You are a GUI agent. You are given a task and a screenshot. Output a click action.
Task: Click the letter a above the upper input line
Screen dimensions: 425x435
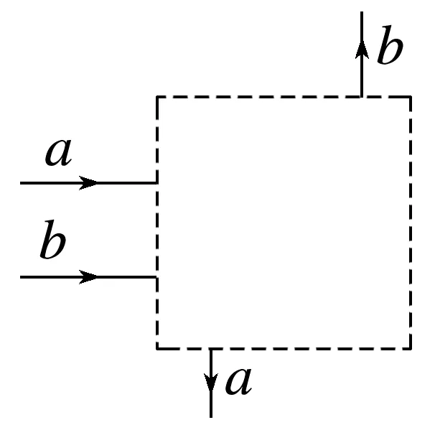(x=60, y=153)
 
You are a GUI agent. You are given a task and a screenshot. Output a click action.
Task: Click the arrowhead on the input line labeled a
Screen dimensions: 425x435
(x=89, y=183)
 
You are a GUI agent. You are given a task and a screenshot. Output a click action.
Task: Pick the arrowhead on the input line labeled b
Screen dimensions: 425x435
(x=89, y=276)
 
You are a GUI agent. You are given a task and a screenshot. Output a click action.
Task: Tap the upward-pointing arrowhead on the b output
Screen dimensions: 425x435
(x=362, y=49)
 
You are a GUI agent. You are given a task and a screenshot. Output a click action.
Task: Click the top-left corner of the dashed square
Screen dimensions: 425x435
(x=157, y=96)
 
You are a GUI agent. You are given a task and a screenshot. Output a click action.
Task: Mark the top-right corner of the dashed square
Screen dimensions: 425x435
(x=411, y=96)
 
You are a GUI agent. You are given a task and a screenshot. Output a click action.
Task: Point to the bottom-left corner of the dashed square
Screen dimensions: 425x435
(x=157, y=348)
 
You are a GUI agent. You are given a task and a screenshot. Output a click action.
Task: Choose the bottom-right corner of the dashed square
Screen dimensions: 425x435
(x=411, y=348)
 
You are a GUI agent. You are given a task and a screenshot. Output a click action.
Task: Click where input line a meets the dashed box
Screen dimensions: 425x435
(x=156, y=183)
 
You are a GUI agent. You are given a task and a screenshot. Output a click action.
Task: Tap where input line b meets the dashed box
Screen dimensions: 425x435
(x=156, y=276)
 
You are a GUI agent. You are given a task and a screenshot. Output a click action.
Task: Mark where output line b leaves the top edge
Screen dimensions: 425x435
(x=362, y=96)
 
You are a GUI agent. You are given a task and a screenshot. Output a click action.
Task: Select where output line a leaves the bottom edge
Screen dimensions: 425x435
(x=211, y=349)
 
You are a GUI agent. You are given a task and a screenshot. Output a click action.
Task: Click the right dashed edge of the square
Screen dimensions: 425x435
(x=411, y=223)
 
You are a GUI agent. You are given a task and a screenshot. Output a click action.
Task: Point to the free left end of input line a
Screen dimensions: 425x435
(x=22, y=183)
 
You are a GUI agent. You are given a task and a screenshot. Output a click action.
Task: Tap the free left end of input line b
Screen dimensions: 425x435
(x=22, y=276)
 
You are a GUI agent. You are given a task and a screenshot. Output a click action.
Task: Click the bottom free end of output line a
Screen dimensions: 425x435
(x=211, y=416)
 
